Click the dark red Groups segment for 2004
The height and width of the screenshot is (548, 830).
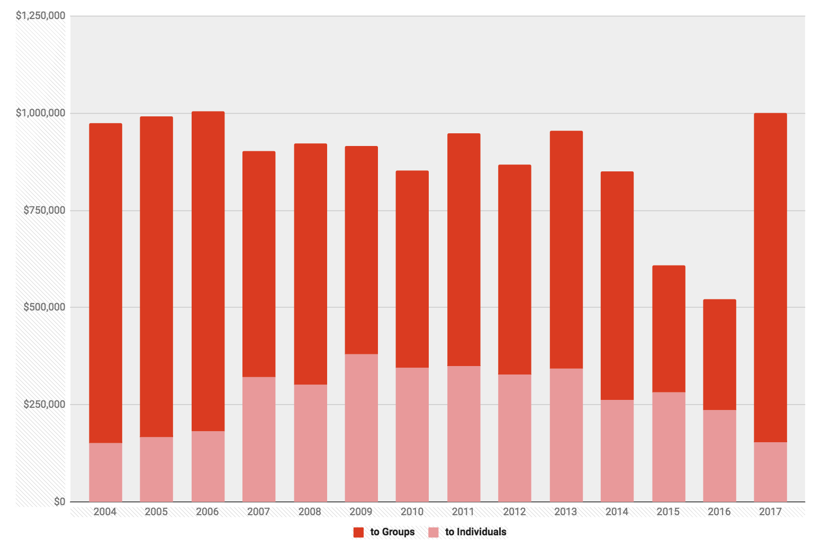pyautogui.click(x=105, y=283)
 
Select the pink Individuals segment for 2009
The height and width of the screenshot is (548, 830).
pyautogui.click(x=361, y=427)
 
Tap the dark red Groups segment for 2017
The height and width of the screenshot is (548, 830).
pyautogui.click(x=770, y=278)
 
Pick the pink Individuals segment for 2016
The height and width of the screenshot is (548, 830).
pyautogui.click(x=719, y=455)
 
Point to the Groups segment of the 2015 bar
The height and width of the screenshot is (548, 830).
pyautogui.click(x=669, y=328)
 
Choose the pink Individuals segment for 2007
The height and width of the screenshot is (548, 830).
pyautogui.click(x=259, y=439)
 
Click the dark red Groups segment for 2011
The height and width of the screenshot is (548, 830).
pyautogui.click(x=464, y=250)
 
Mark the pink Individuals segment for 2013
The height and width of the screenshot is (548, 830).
pyautogui.click(x=566, y=435)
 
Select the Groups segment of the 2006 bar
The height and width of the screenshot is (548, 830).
pyautogui.click(x=208, y=271)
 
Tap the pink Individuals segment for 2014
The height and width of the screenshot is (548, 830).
pyautogui.click(x=617, y=451)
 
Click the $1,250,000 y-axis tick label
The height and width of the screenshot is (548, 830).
pyautogui.click(x=41, y=16)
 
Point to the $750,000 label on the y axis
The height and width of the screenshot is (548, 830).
pyautogui.click(x=44, y=211)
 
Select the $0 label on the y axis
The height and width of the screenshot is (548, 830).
pyautogui.click(x=59, y=501)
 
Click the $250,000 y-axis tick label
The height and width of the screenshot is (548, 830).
pyautogui.click(x=44, y=405)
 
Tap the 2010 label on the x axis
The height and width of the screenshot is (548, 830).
pyautogui.click(x=412, y=512)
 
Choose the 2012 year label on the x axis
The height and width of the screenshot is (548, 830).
pyautogui.click(x=515, y=512)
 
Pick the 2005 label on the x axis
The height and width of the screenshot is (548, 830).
pyautogui.click(x=156, y=512)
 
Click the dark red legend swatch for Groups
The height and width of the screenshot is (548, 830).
pyautogui.click(x=359, y=533)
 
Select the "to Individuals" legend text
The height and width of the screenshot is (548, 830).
pyautogui.click(x=476, y=532)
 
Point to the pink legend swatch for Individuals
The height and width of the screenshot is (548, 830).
pyautogui.click(x=434, y=533)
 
